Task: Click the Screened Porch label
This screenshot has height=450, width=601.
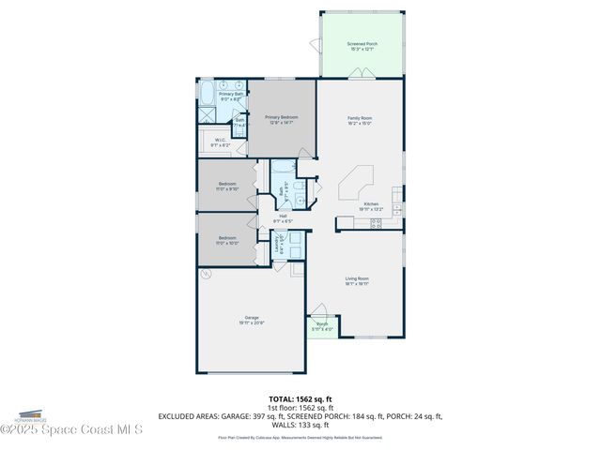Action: point(361,46)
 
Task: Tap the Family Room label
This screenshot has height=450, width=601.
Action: point(360,120)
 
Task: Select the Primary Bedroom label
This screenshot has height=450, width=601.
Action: point(280,120)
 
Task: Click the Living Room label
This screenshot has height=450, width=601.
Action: point(357,280)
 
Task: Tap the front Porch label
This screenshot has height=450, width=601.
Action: point(322,326)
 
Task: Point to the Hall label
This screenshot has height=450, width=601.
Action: point(283,218)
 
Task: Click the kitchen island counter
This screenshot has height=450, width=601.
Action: point(357,183)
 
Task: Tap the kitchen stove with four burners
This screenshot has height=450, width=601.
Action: point(376,223)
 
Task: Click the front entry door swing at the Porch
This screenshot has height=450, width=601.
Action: point(320,312)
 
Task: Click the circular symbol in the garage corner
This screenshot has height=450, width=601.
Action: point(207,274)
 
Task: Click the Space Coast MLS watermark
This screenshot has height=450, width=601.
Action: point(70,429)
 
